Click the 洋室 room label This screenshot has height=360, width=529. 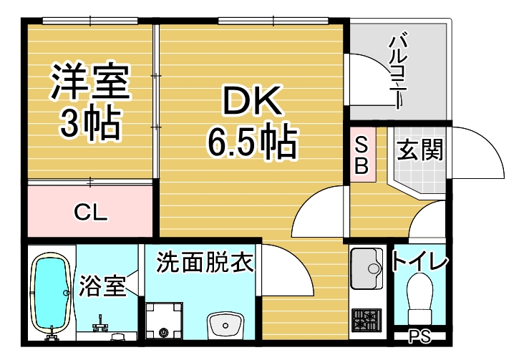tap(89, 84)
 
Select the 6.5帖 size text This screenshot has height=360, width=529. tap(252, 143)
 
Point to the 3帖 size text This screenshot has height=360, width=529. tap(89, 124)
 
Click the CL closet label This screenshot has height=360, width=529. tap(91, 212)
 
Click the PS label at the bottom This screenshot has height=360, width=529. tap(419, 337)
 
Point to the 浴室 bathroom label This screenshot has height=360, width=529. tap(103, 285)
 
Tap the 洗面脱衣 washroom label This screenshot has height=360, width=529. tap(205, 262)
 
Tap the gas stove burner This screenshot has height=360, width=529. tap(368, 318)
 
